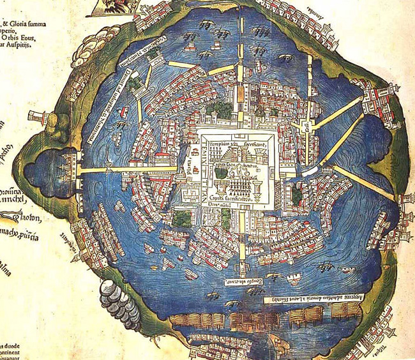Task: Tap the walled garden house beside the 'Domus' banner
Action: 135,81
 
